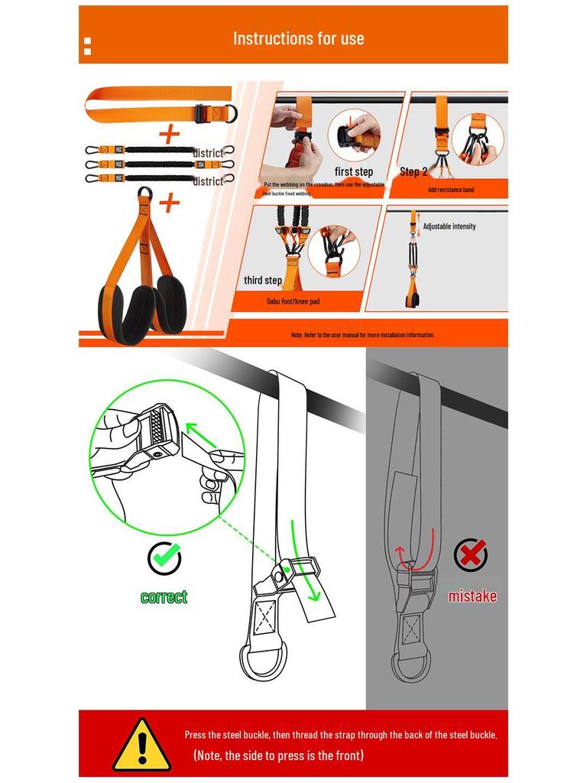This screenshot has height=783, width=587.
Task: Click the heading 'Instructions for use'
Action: pos(298,38)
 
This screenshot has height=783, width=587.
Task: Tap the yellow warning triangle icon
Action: pos(141,745)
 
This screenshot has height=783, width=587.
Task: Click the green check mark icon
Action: pos(164,559)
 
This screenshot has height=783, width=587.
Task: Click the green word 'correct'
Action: pos(164,597)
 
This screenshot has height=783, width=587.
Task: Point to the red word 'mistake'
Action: pos(472,596)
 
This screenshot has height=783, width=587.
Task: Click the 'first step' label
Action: pos(353,172)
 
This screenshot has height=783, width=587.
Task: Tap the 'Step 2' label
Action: pos(413,172)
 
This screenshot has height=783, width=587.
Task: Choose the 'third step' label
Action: pos(263,281)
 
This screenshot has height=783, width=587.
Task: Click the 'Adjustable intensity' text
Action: pos(449,226)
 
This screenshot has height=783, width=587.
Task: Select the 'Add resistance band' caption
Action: pos(450,190)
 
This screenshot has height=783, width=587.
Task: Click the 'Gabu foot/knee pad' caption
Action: pos(293,301)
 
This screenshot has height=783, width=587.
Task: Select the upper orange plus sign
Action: pos(169,135)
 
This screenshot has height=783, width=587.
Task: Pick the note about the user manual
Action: pos(362,335)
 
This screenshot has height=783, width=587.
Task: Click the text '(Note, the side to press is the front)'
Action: pos(278,755)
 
